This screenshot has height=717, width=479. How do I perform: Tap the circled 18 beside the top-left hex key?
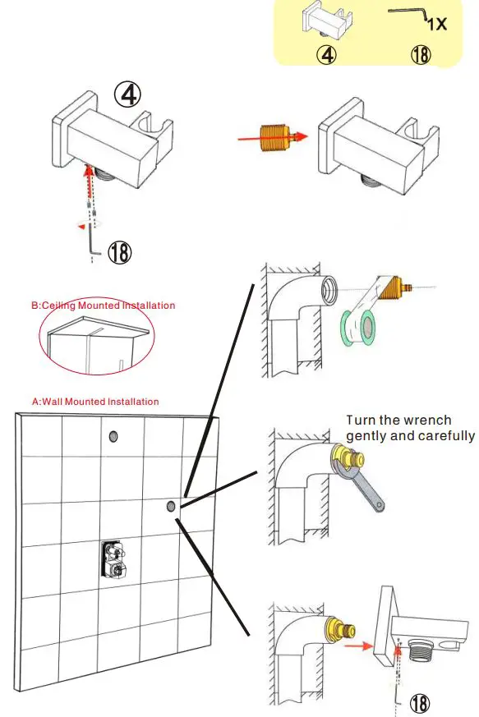click(120, 252)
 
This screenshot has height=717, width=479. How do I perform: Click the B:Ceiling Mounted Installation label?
click(103, 306)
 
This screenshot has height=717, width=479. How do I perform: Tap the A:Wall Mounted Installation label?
click(94, 402)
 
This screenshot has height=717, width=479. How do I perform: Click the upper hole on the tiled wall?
click(113, 436)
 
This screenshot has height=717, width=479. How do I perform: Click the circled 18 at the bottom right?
click(420, 702)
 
